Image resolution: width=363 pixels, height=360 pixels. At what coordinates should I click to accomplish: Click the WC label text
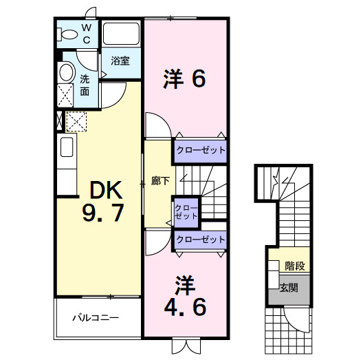click(x=87, y=32)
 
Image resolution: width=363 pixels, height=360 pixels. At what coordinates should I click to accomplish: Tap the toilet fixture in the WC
click(x=68, y=33)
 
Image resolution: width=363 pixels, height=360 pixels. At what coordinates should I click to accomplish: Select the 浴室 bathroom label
click(x=120, y=61)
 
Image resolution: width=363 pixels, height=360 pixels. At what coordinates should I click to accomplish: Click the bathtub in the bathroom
click(x=121, y=34)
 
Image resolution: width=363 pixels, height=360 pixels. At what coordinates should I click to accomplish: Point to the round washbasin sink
click(x=66, y=72)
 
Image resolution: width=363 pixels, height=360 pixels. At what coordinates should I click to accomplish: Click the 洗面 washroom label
click(x=85, y=85)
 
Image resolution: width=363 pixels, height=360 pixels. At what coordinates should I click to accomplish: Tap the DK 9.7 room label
click(x=102, y=201)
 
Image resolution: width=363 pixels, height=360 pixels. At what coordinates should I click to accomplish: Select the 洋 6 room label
click(x=184, y=79)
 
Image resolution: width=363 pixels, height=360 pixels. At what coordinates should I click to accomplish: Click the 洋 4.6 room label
click(x=184, y=297)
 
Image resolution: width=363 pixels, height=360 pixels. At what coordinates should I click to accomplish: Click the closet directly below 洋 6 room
click(x=199, y=149)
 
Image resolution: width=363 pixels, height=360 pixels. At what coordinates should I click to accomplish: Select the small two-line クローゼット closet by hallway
click(x=186, y=211)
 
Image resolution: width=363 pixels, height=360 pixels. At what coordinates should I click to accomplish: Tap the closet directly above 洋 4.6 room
click(x=200, y=240)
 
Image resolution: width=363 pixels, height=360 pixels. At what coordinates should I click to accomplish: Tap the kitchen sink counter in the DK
click(x=67, y=165)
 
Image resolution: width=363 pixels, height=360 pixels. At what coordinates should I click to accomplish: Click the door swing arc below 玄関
click(x=298, y=319)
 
